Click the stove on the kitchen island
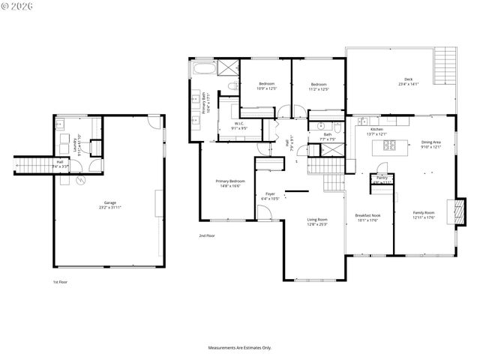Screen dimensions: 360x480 (x=390, y=145)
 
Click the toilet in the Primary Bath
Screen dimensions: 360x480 (x=232, y=86)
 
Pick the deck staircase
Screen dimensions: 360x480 (x=447, y=59)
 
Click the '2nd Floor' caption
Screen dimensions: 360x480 (x=207, y=236)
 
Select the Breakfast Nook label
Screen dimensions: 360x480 (x=369, y=217)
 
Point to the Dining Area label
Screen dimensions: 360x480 (x=430, y=144)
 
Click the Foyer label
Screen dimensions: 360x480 (x=270, y=196)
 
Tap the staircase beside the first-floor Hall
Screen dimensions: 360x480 (x=31, y=166)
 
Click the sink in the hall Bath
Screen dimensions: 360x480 (x=319, y=126)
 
